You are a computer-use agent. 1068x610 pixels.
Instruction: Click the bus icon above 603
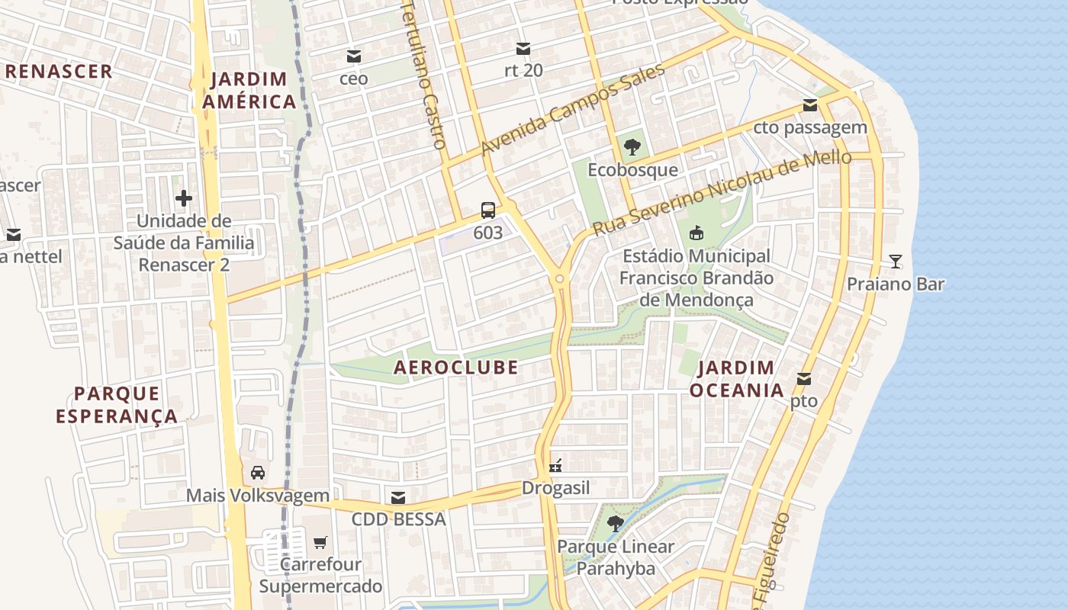click(x=487, y=210)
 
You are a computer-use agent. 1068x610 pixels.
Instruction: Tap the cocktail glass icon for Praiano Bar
click(x=896, y=262)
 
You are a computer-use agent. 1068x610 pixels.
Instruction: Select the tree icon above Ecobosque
click(x=632, y=147)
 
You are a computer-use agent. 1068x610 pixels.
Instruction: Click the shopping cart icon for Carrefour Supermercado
click(x=320, y=542)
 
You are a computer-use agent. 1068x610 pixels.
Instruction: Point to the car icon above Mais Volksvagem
click(x=258, y=473)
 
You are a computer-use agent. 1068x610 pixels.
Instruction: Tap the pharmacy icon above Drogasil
click(x=555, y=465)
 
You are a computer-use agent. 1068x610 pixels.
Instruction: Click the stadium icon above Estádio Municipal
click(x=696, y=233)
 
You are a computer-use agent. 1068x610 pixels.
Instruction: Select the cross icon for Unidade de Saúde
click(x=183, y=199)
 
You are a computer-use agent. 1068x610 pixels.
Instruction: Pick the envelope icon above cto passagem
click(x=809, y=105)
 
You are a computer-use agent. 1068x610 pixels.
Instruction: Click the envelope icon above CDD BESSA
click(x=397, y=498)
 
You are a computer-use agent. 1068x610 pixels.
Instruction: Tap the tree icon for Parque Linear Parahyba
click(x=615, y=524)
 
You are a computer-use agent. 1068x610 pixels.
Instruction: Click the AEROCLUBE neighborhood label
click(x=455, y=368)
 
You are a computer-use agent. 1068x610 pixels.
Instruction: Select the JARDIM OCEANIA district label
click(x=736, y=379)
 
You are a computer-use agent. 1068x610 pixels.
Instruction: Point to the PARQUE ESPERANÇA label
click(x=117, y=405)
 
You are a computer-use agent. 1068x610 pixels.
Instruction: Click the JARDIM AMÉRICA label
click(x=248, y=90)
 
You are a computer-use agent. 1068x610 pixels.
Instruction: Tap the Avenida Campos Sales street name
click(x=573, y=110)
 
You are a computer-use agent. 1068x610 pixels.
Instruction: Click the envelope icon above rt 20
click(x=523, y=49)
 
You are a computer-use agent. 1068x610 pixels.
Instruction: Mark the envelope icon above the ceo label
click(x=353, y=56)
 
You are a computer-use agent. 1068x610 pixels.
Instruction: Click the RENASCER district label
click(x=60, y=72)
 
